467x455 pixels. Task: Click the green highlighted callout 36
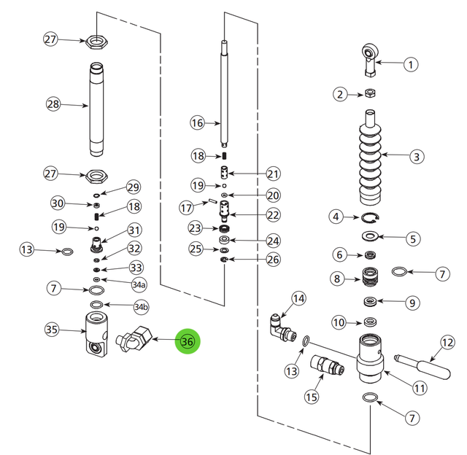coord(188,341)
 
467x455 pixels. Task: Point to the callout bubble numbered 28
coord(53,104)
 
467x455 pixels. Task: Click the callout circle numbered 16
coord(197,123)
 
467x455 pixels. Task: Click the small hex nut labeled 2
coord(369,93)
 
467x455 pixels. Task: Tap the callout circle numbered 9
coord(412,302)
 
